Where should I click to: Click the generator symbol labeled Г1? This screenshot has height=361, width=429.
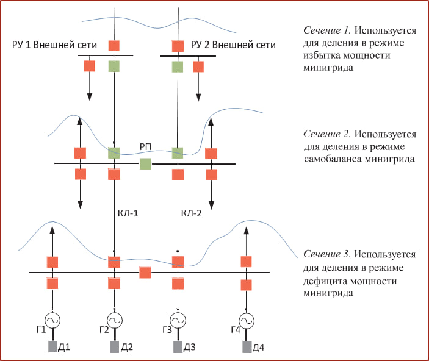[52, 320]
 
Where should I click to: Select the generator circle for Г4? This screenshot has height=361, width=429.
[246, 320]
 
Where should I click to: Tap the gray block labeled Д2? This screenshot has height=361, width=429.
[114, 348]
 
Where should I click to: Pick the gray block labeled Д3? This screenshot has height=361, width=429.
[177, 348]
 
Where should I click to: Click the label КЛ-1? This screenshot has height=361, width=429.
[129, 214]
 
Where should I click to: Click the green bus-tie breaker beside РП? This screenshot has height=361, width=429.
[145, 163]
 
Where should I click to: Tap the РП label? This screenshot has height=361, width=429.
[145, 148]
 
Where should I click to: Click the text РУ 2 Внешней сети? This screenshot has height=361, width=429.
[233, 45]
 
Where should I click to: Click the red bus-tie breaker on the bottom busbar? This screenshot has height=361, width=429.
[145, 273]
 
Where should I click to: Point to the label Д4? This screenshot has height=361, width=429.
[258, 348]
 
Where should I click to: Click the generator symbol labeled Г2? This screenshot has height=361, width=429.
[114, 320]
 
